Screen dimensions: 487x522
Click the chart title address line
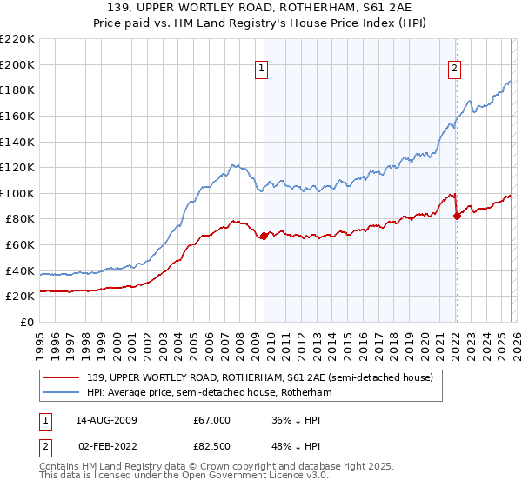pos(261,8)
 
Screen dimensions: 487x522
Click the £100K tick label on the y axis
pos(17,193)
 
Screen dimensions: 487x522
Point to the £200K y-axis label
pos(17,64)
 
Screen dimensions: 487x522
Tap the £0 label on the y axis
pos(26,323)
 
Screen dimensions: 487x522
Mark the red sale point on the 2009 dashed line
pos(264,236)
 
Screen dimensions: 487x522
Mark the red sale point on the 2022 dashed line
pos(457,217)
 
